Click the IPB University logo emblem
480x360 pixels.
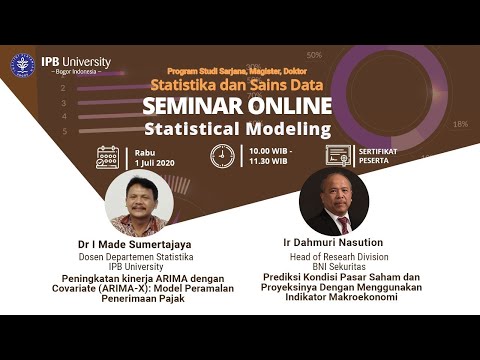click(x=22, y=66)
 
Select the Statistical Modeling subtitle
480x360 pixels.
click(x=236, y=130)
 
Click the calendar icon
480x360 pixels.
click(x=108, y=157)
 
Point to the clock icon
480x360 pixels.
click(x=222, y=156)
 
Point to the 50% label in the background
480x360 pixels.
click(x=314, y=55)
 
